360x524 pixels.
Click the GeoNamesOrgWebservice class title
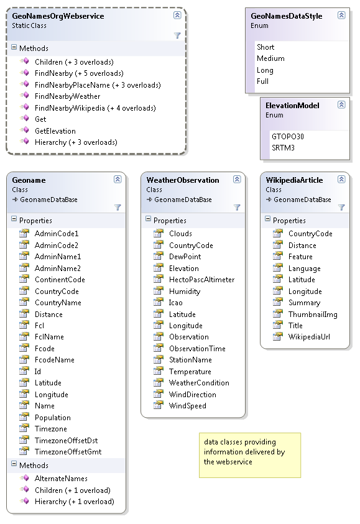tap(58, 16)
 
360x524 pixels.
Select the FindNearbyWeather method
tap(67, 96)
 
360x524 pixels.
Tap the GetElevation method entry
tap(55, 131)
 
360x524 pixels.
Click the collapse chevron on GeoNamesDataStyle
tap(341, 15)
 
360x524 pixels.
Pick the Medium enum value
tap(270, 58)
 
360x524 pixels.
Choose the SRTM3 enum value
tap(283, 148)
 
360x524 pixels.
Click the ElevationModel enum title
tap(292, 106)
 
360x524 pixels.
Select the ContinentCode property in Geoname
tap(60, 280)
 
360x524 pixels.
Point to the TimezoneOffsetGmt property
tap(68, 452)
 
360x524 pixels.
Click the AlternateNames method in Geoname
tap(61, 479)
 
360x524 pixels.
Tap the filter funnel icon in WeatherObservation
tap(237, 208)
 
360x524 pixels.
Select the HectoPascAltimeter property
tap(201, 280)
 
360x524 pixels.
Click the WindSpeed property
tap(188, 406)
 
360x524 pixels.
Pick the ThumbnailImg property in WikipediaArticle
tap(313, 315)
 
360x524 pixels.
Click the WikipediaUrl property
tap(309, 337)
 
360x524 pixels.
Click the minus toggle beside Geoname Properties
tap(14, 219)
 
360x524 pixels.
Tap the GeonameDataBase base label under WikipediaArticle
tap(302, 200)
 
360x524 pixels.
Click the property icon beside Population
tap(24, 417)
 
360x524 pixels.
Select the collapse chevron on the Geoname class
tap(118, 179)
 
